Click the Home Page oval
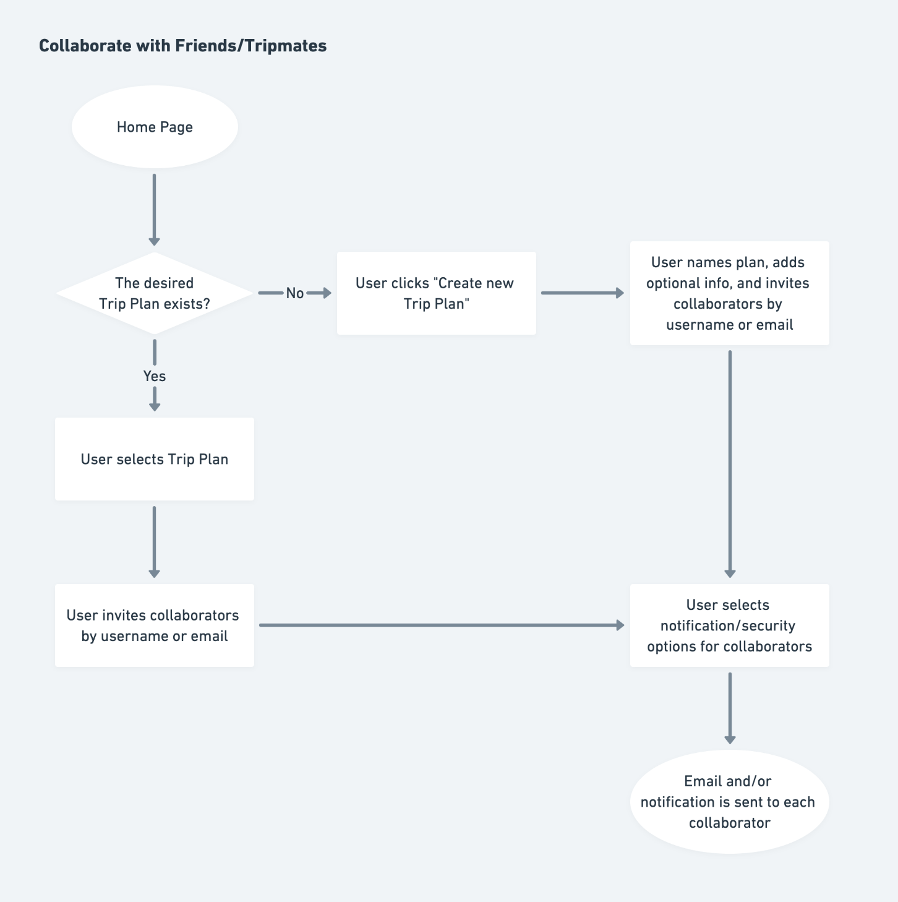pos(155,127)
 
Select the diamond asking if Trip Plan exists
pos(155,293)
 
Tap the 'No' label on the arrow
pos(295,293)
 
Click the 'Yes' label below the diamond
pos(155,376)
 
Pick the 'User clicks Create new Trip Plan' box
pos(436,293)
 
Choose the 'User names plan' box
pos(730,293)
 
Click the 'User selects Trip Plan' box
pos(155,459)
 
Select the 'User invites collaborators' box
pos(155,625)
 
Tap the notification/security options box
pos(730,625)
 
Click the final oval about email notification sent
pos(730,802)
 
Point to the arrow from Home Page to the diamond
pos(155,210)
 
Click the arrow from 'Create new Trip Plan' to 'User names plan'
pos(583,293)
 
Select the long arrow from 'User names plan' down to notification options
pos(730,465)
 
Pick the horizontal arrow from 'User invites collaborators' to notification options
pos(442,625)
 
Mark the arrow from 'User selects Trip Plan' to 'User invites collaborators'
pos(155,542)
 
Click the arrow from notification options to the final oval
pos(730,708)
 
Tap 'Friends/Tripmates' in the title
pos(251,46)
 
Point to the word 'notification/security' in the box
pos(728,626)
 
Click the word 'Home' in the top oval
pos(136,127)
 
